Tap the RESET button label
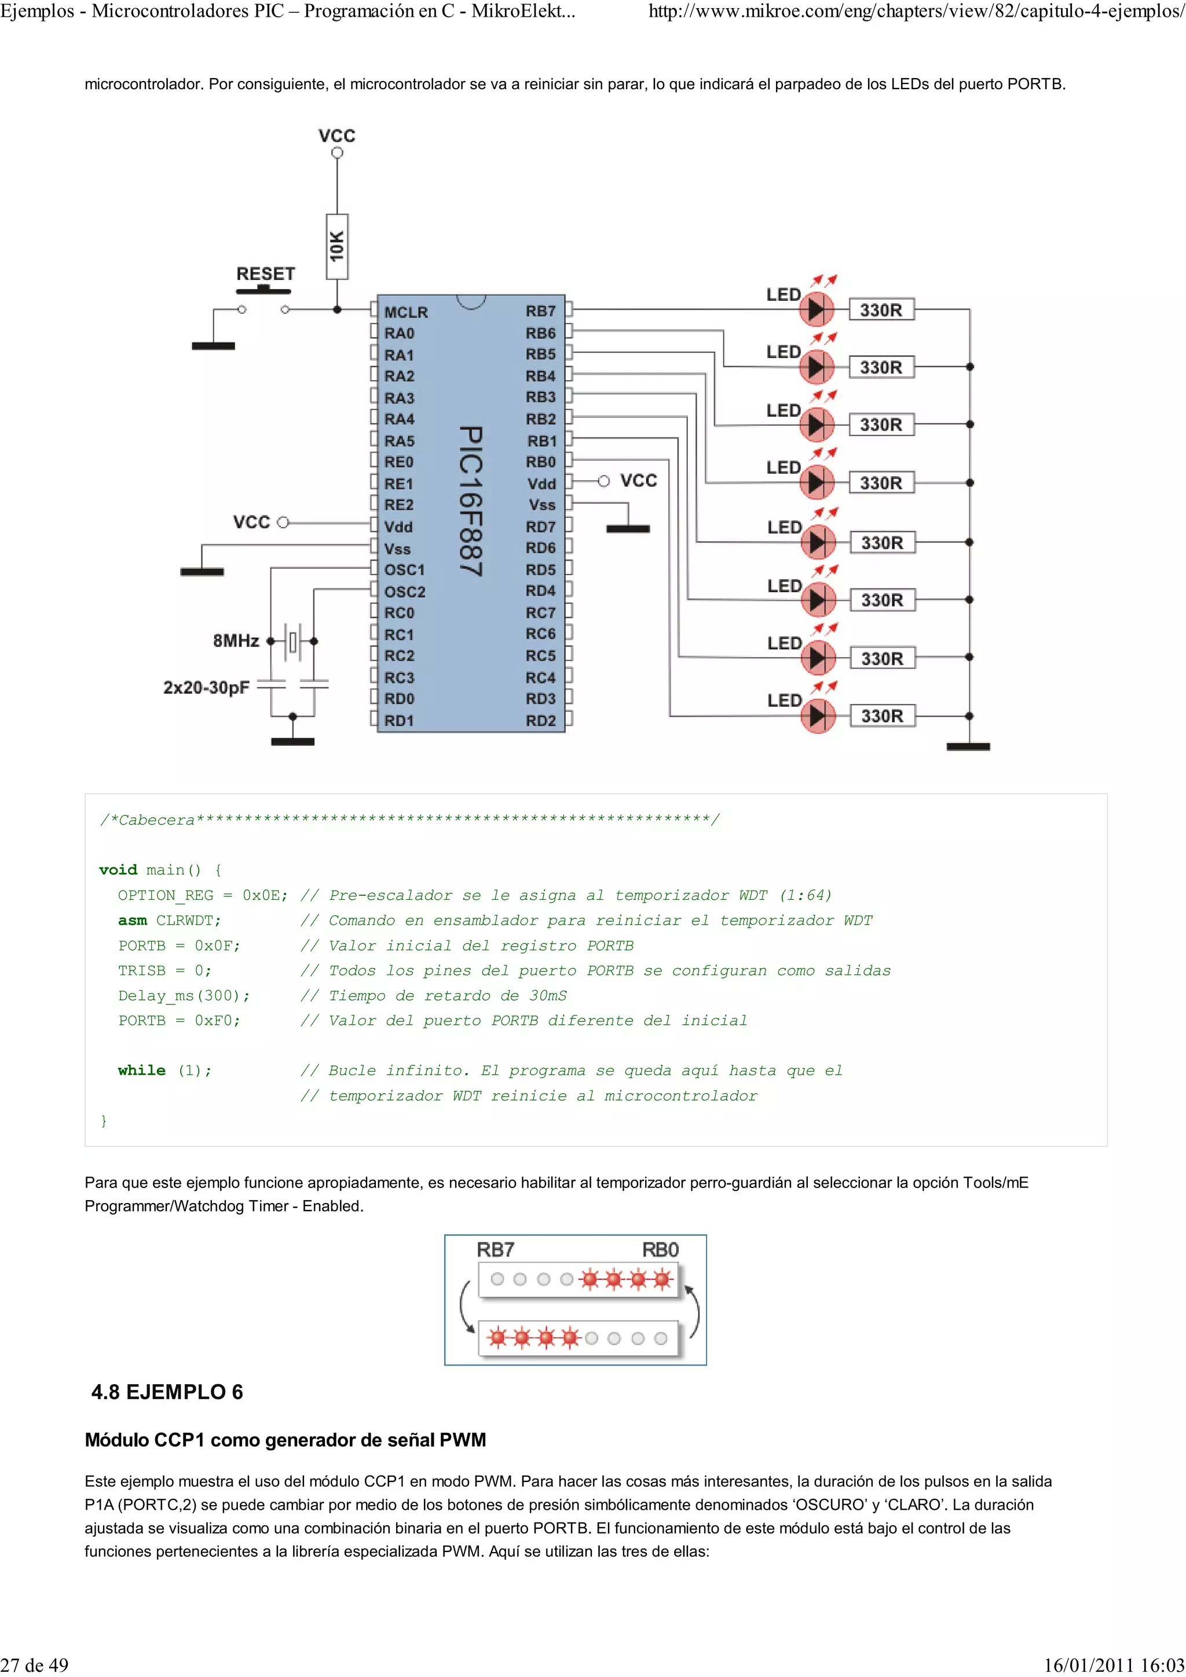click(265, 274)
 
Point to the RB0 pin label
click(541, 462)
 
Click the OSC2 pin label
click(405, 591)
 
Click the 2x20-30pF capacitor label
click(206, 687)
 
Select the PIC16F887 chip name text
click(471, 502)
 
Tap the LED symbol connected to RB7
click(815, 310)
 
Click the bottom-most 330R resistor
click(882, 716)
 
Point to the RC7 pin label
click(541, 613)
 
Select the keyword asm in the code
click(132, 920)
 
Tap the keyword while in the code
click(142, 1070)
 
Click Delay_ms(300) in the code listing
click(184, 995)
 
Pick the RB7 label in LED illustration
click(496, 1250)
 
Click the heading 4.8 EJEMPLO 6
click(167, 1392)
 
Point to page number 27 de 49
click(35, 1665)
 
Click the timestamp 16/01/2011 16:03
click(1114, 1665)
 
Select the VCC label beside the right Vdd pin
click(639, 481)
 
